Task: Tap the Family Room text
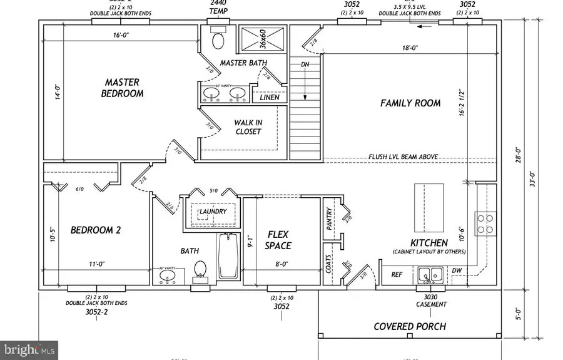pos(410,103)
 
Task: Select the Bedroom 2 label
pos(96,230)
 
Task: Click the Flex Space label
pos(278,240)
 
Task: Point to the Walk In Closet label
pos(248,127)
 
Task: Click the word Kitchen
pos(429,242)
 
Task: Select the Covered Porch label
pos(410,326)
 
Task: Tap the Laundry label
pos(212,212)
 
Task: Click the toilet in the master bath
pos(218,39)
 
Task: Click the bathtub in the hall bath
pos(228,257)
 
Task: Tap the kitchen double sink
pos(430,274)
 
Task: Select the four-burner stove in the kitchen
pos(485,224)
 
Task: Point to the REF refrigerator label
pos(397,274)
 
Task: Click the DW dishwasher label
pos(456,270)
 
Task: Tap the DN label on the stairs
pos(305,64)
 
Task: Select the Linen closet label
pos(269,97)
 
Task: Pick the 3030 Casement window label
pos(431,301)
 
